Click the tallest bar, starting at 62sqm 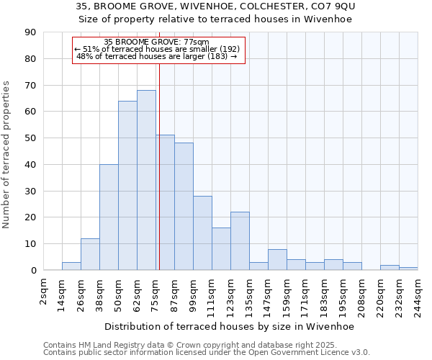tap(146, 180)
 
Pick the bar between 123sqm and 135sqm tap(240, 241)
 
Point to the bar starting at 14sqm tap(71, 266)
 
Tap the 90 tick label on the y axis tap(30, 32)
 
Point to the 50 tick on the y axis tap(30, 138)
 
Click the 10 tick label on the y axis tap(30, 244)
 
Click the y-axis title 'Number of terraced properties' tap(7, 155)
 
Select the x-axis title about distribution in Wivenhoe tap(230, 326)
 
